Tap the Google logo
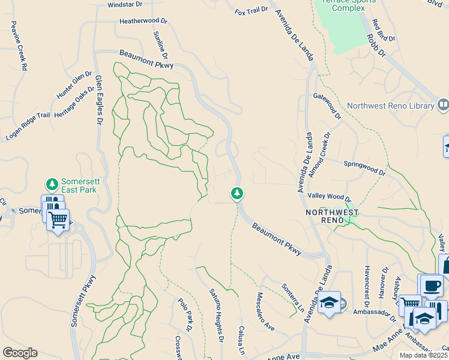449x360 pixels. click(20, 353)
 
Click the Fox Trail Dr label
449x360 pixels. click(251, 11)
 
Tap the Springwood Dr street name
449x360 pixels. click(364, 167)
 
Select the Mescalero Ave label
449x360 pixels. click(265, 312)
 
